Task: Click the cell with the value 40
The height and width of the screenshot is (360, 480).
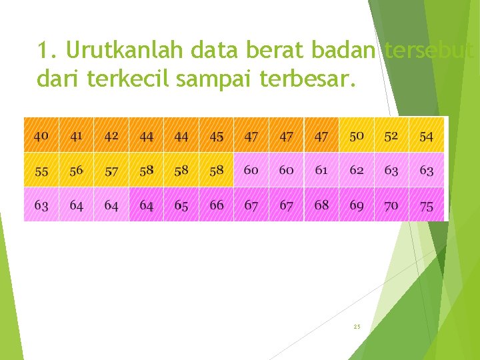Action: tap(41, 135)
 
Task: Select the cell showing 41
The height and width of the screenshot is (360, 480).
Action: tap(77, 135)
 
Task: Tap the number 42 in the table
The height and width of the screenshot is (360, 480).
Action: tap(111, 135)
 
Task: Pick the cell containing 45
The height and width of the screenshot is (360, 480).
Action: tap(217, 136)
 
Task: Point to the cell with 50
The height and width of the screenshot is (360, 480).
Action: tap(357, 135)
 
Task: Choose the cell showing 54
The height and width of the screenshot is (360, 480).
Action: tap(427, 136)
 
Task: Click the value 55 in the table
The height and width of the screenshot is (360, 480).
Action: tap(41, 171)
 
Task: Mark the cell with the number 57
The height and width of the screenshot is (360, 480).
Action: tap(111, 171)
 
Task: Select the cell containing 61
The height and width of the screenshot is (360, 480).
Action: tap(321, 170)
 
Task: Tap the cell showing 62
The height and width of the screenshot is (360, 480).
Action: tap(357, 170)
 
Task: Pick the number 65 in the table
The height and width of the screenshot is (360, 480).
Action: tap(181, 205)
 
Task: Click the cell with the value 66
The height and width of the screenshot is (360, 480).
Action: tap(217, 205)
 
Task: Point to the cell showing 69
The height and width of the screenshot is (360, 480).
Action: tap(357, 205)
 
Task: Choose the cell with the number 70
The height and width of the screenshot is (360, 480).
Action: tap(391, 205)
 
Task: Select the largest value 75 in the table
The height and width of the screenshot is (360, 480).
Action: tap(427, 205)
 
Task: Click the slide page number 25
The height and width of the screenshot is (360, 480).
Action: tap(357, 327)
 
